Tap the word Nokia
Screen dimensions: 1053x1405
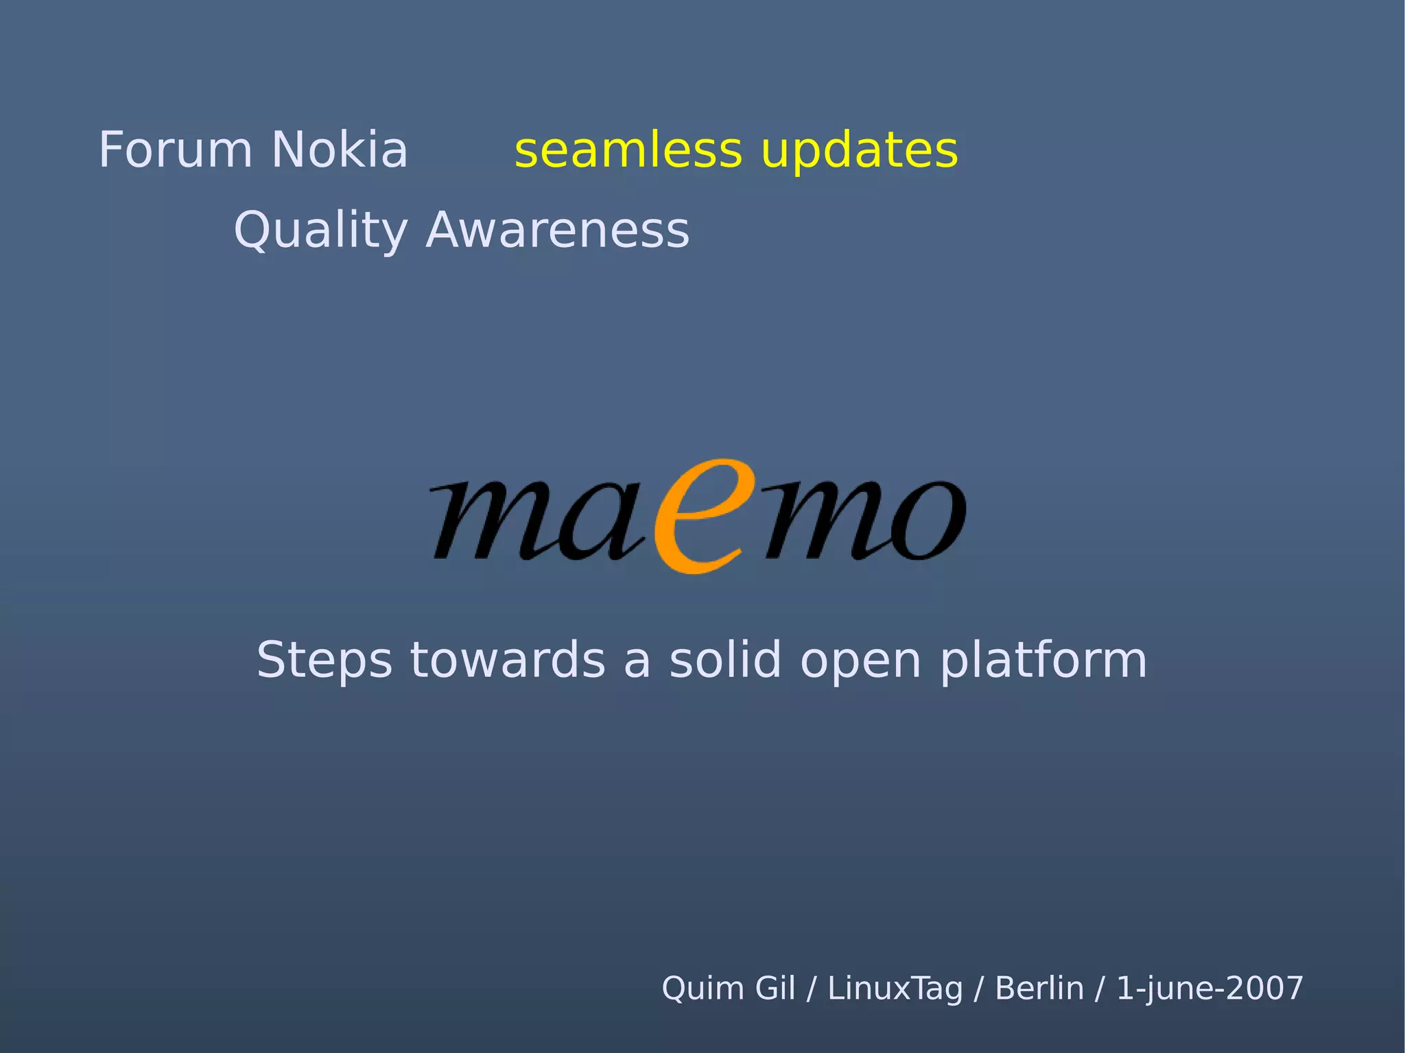pyautogui.click(x=340, y=150)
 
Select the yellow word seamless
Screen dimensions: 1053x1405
pyautogui.click(x=628, y=151)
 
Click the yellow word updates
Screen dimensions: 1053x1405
pyautogui.click(x=860, y=151)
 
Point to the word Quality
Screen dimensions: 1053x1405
pyautogui.click(x=320, y=230)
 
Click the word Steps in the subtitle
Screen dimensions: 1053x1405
pyautogui.click(x=324, y=661)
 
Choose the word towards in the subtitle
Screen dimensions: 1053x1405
pyautogui.click(x=508, y=660)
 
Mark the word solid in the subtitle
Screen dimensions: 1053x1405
pyautogui.click(x=725, y=660)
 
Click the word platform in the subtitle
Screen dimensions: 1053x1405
pyautogui.click(x=1043, y=661)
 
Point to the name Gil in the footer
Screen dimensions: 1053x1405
pyautogui.click(x=775, y=989)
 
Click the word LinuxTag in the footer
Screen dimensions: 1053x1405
pyautogui.click(x=895, y=989)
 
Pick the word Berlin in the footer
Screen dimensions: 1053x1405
pyautogui.click(x=1039, y=989)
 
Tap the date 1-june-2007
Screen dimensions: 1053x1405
pyautogui.click(x=1209, y=989)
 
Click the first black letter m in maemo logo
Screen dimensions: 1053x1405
pyautogui.click(x=487, y=521)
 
